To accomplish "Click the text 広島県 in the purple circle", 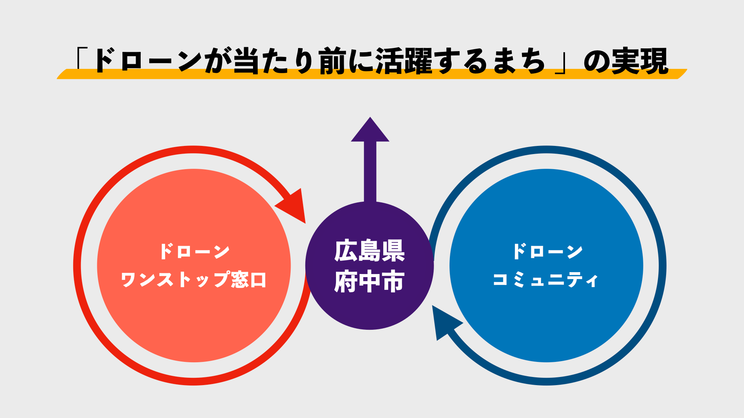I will coord(369,251).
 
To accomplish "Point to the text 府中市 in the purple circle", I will coord(369,281).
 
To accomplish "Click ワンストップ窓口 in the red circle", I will coord(194,279).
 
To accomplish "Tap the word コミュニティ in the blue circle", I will coord(546,279).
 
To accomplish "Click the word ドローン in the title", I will coord(147,61).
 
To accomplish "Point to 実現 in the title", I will coord(640,61).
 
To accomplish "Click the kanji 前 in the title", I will coord(333,61).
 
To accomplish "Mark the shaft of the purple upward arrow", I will coord(370,172).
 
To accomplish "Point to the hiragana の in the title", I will coord(597,61).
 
